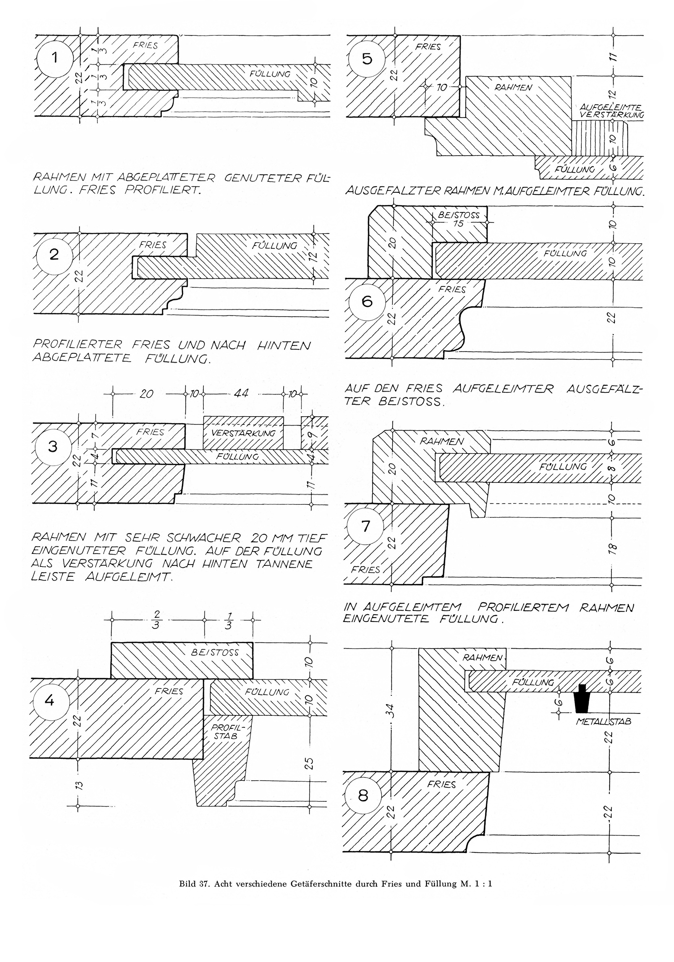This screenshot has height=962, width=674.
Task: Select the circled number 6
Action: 367,301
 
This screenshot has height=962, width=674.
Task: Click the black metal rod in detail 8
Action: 582,699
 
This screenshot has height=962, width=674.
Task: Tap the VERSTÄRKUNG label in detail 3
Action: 243,433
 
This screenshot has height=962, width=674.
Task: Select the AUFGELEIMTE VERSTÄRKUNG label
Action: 612,111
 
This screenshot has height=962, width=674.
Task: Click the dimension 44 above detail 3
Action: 242,393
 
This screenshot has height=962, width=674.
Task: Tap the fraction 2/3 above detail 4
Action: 157,621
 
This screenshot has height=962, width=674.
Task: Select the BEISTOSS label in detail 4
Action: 215,652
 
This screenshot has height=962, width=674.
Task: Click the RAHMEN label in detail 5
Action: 513,88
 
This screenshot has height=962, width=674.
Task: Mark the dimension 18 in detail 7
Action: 612,548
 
